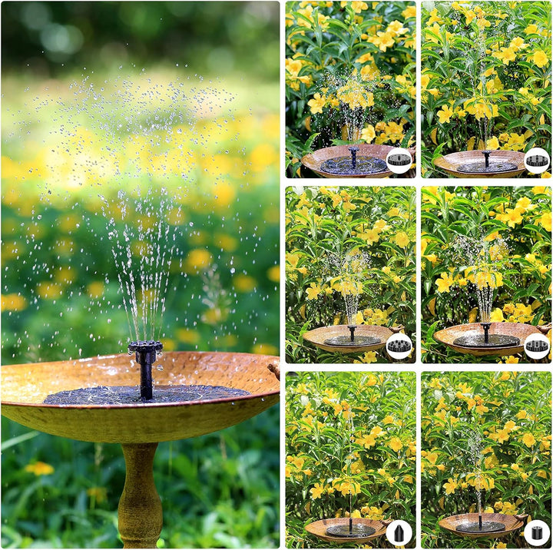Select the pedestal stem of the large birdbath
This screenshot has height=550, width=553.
pyautogui.click(x=140, y=491)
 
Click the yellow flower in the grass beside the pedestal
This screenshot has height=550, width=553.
pyautogui.click(x=38, y=468)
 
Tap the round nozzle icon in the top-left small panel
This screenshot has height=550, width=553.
pyautogui.click(x=399, y=161)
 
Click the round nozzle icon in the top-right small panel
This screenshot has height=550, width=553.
pyautogui.click(x=537, y=161)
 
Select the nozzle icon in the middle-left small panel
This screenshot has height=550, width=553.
pyautogui.click(x=399, y=346)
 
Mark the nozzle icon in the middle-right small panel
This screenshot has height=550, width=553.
pyautogui.click(x=537, y=346)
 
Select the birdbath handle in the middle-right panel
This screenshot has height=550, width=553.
pyautogui.click(x=545, y=328)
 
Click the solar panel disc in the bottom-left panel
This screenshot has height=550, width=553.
pyautogui.click(x=350, y=530)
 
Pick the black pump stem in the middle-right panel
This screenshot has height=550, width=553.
pyautogui.click(x=485, y=332)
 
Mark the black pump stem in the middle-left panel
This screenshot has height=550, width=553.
pyautogui.click(x=352, y=333)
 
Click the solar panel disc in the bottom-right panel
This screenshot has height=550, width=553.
pyautogui.click(x=481, y=527)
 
